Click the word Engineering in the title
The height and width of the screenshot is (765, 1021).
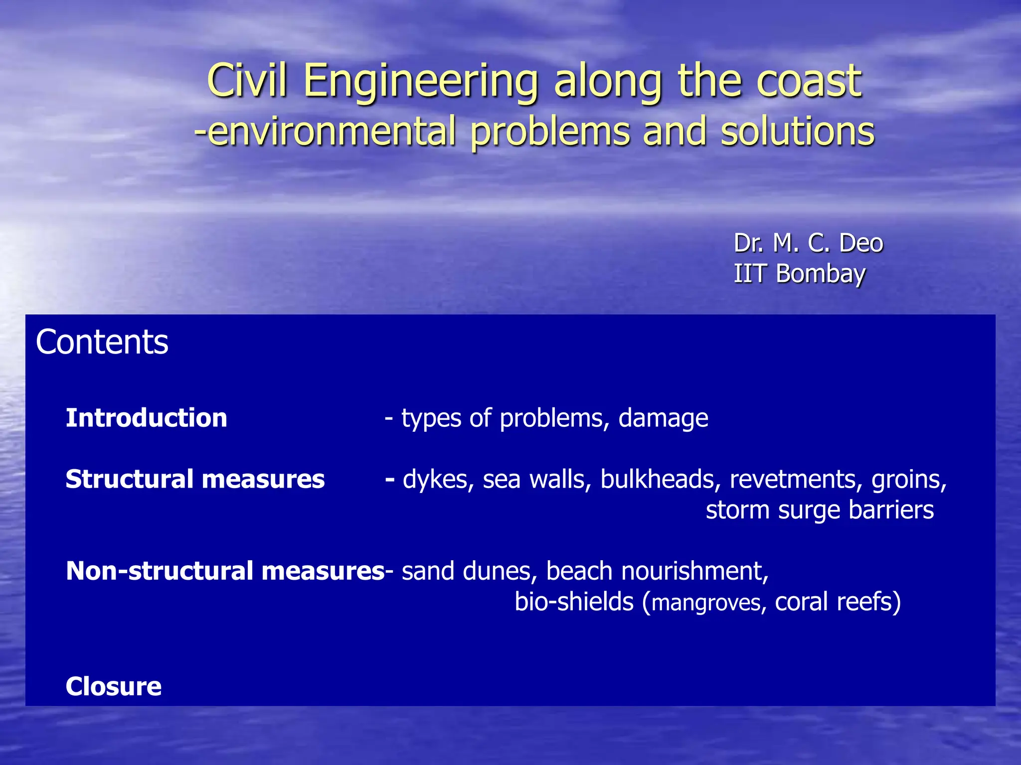pos(421,81)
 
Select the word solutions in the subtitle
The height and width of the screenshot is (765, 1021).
pos(797,131)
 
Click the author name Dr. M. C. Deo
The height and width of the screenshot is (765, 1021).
pos(808,244)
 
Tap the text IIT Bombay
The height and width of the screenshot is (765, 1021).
pos(799,274)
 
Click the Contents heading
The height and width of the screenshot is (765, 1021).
pos(102,342)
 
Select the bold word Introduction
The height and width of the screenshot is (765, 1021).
pos(146,417)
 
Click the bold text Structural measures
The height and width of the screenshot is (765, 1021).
pos(195,479)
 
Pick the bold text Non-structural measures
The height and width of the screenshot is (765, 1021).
pos(225,571)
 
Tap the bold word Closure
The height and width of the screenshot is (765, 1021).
pos(114,686)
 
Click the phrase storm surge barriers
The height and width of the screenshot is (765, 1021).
pos(820,510)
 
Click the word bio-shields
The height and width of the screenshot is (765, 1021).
pos(574,602)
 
